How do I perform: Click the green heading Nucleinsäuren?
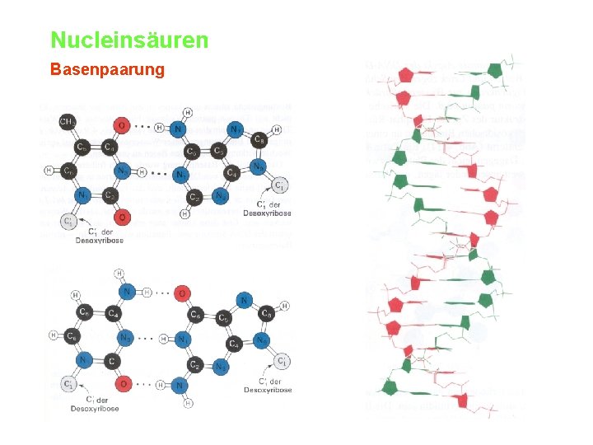129,40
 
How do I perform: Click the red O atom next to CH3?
121,125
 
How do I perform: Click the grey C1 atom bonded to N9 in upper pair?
280,185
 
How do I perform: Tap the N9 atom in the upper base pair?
259,166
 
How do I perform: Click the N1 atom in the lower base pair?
184,338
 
